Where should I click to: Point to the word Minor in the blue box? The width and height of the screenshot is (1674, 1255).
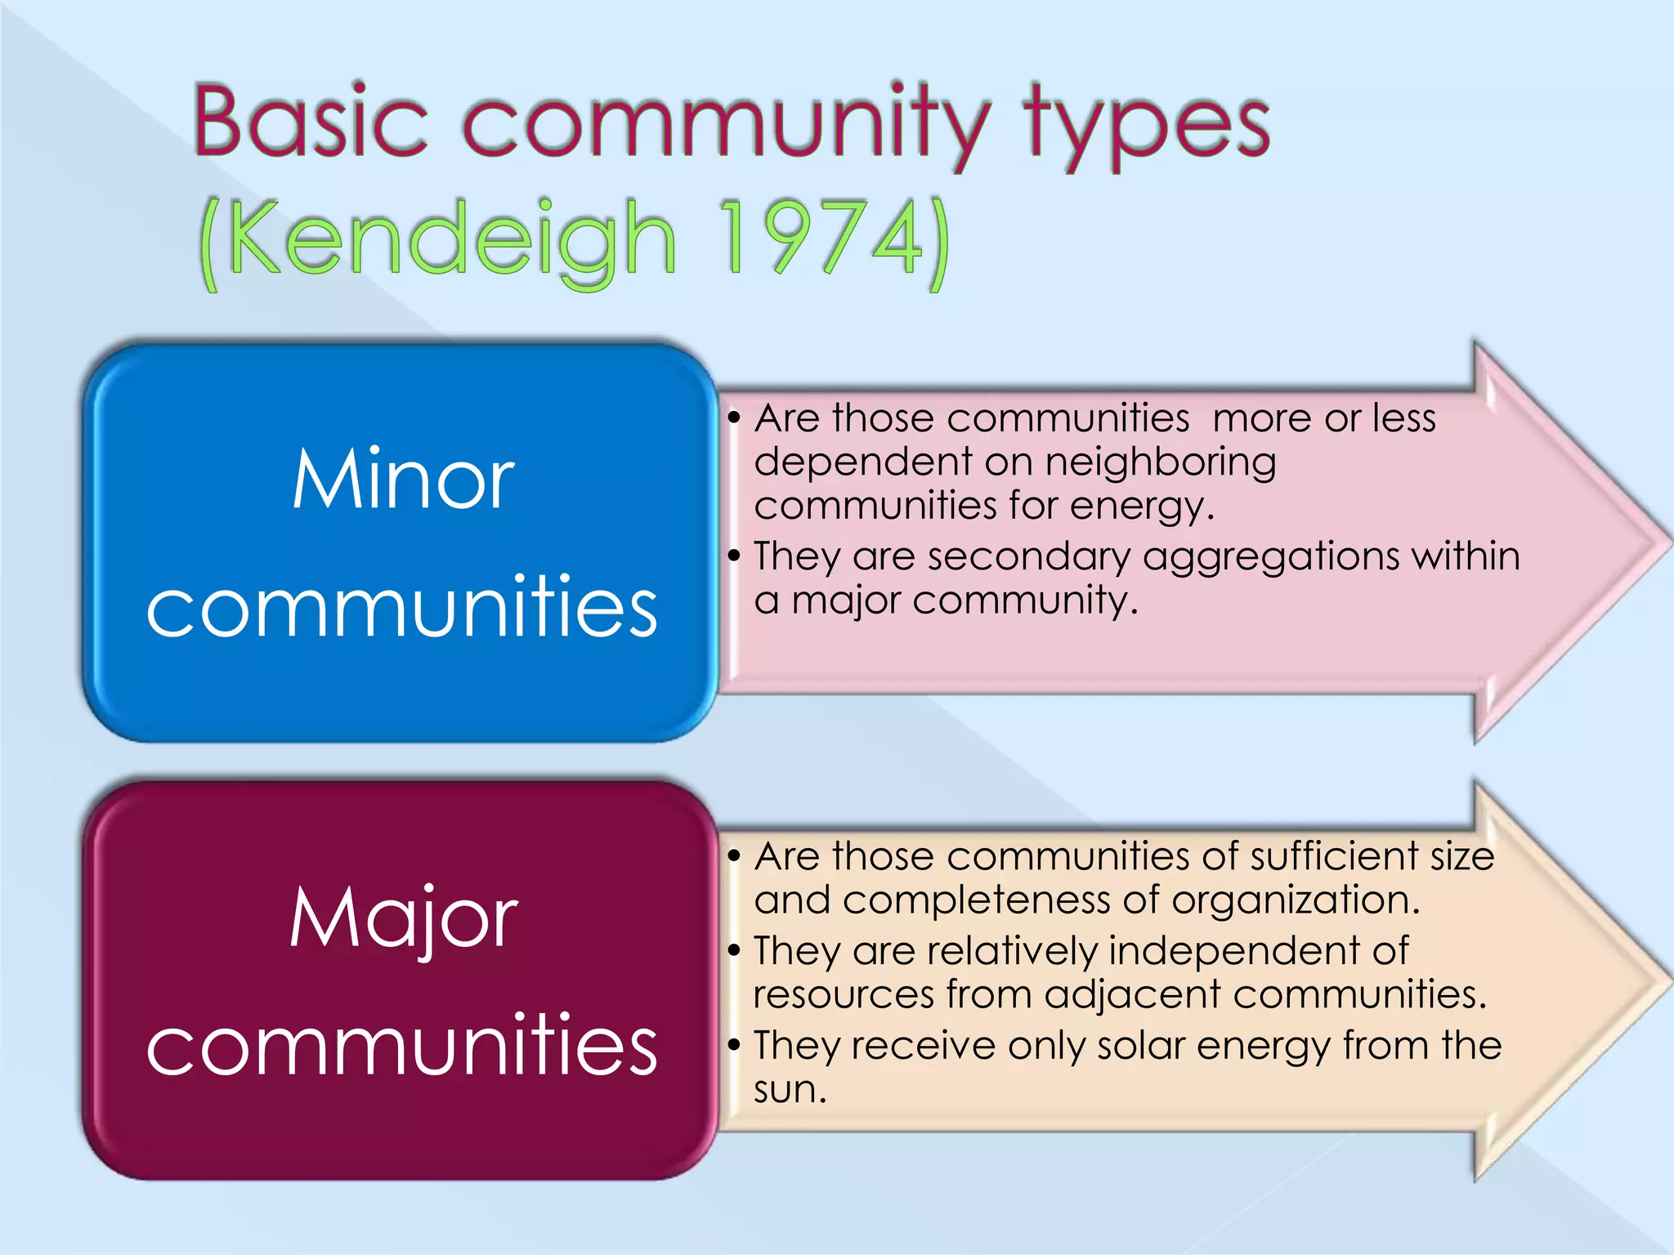pyautogui.click(x=403, y=480)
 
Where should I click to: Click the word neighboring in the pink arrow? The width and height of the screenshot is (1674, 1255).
pyautogui.click(x=1160, y=463)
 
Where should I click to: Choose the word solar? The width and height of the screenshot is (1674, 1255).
pyautogui.click(x=1140, y=1046)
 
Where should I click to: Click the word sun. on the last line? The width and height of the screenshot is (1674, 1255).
pyautogui.click(x=790, y=1090)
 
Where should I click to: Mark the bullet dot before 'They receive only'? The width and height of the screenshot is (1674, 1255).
pyautogui.click(x=734, y=1045)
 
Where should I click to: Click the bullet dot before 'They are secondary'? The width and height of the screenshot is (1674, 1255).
pyautogui.click(x=734, y=556)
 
